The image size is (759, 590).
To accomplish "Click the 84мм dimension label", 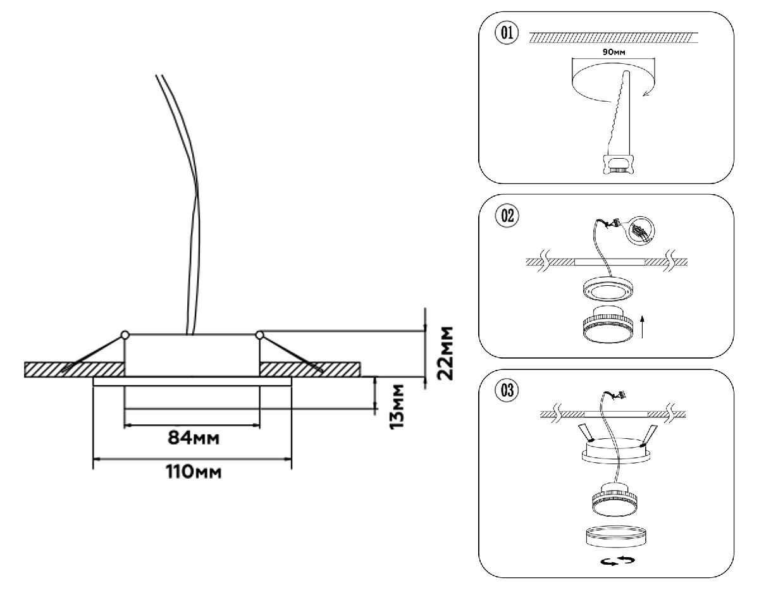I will point(194,438).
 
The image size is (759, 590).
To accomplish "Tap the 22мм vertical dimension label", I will point(447,352).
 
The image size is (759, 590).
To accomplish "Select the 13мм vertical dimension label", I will point(397,405).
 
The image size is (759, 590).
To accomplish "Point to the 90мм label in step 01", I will point(613,52).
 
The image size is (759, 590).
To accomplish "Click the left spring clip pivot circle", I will point(125,334).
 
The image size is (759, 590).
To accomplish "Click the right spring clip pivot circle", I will point(259,334).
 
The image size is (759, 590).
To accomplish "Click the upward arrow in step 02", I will point(642,327).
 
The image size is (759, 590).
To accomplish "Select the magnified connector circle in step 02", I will point(640,231).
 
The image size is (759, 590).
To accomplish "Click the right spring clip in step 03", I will point(649,434).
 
